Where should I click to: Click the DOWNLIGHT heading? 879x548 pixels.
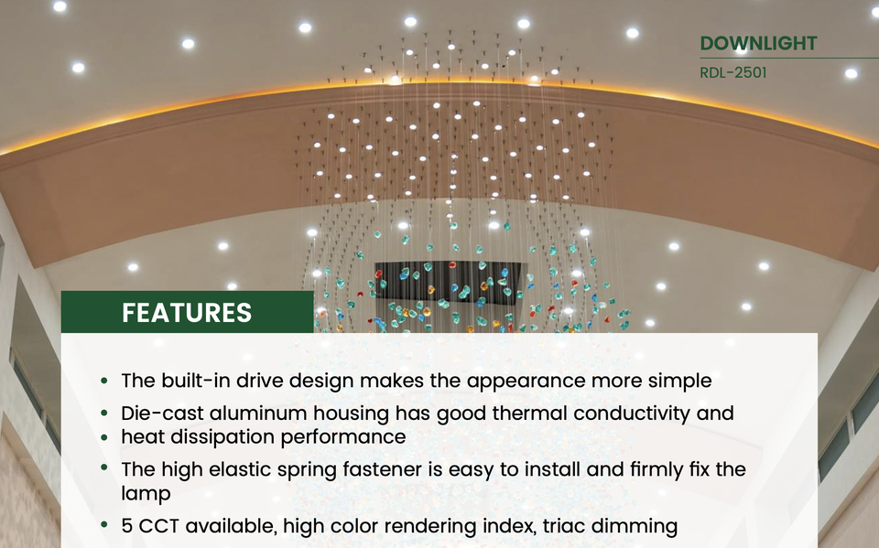pyautogui.click(x=758, y=43)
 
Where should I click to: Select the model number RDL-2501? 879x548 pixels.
pyautogui.click(x=733, y=73)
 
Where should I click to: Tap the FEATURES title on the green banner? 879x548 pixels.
pyautogui.click(x=187, y=313)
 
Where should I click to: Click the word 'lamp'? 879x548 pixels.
pyautogui.click(x=146, y=494)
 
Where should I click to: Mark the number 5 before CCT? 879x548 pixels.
pyautogui.click(x=127, y=526)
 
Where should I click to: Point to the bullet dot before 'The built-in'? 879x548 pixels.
pyautogui.click(x=104, y=381)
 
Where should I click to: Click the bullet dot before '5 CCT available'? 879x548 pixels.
pyautogui.click(x=104, y=525)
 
